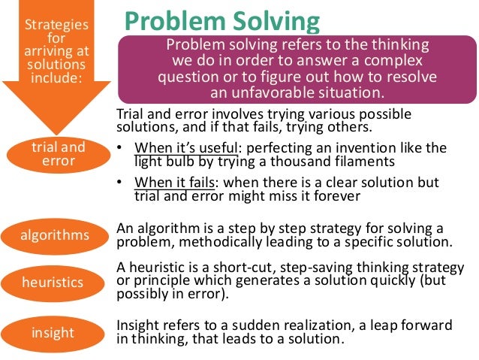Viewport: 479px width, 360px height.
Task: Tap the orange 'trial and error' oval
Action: point(58,154)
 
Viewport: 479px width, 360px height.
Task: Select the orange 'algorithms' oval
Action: point(56,235)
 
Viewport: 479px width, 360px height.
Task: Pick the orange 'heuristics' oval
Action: point(56,283)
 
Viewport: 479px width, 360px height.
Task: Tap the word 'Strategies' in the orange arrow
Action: point(56,24)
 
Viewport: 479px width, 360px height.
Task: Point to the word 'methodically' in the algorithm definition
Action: point(212,241)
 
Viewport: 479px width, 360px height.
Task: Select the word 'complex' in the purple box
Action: point(396,60)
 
